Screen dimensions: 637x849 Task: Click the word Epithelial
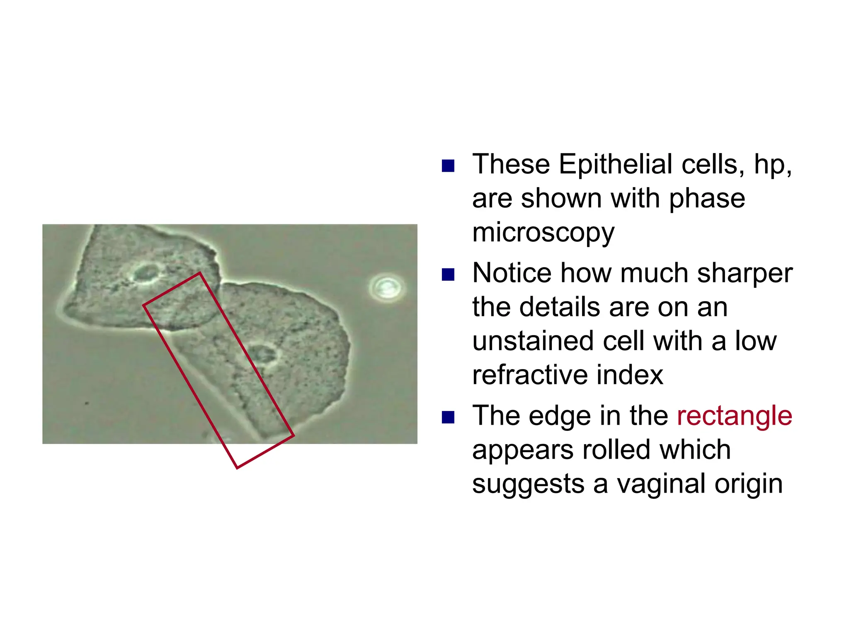615,165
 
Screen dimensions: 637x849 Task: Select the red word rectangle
734,416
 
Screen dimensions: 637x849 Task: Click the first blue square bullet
448,166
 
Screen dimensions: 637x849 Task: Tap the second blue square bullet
448,275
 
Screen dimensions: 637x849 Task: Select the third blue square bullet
448,417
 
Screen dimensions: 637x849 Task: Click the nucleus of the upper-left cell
146,273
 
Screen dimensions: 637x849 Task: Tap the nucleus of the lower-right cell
264,354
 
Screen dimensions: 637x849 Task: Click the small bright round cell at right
387,287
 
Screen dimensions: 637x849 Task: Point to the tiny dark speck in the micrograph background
87,403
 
